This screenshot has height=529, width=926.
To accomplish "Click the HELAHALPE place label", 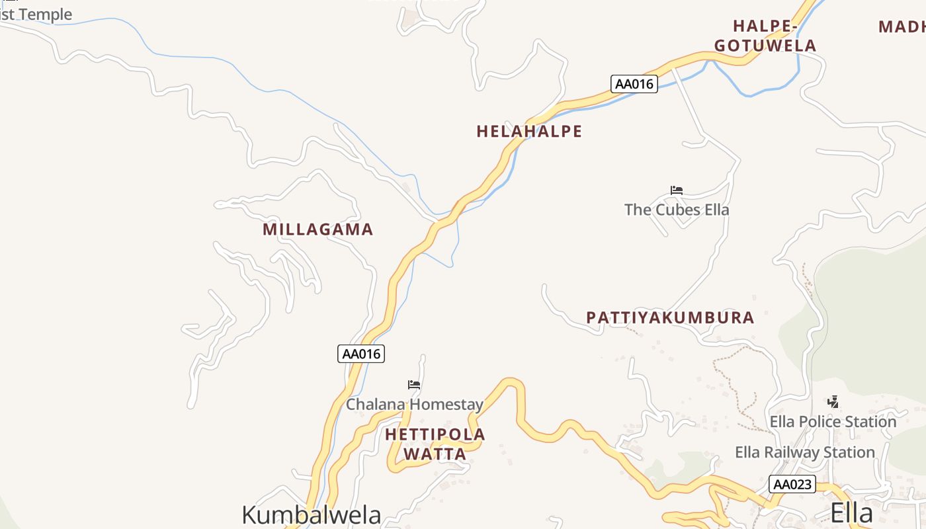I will pyautogui.click(x=529, y=132).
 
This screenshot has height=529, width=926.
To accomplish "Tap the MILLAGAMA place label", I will pyautogui.click(x=318, y=229).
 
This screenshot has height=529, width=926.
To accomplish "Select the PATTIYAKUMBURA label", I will pyautogui.click(x=670, y=317).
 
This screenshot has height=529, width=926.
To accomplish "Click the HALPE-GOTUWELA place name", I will pyautogui.click(x=765, y=36).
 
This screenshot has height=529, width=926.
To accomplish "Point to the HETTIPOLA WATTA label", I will pyautogui.click(x=435, y=444).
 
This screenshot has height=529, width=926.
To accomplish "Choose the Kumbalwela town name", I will pyautogui.click(x=312, y=514).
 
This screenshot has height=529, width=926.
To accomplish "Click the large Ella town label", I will pyautogui.click(x=851, y=512).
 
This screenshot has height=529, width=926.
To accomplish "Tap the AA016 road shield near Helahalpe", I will pyautogui.click(x=634, y=84).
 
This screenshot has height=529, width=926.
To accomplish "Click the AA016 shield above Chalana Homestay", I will pyautogui.click(x=360, y=354).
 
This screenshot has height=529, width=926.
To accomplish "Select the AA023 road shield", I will pyautogui.click(x=792, y=485).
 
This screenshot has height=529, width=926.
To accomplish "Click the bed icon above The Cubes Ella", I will pyautogui.click(x=676, y=190).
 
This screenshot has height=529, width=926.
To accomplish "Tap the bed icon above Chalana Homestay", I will pyautogui.click(x=414, y=384).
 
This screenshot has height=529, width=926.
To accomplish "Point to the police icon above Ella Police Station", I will pyautogui.click(x=833, y=401).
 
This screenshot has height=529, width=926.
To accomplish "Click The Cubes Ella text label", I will pyautogui.click(x=677, y=210).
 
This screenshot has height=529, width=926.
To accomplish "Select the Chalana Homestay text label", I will pyautogui.click(x=415, y=404).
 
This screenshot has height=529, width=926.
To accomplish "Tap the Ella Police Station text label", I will pyautogui.click(x=833, y=421).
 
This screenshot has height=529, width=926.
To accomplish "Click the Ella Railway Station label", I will pyautogui.click(x=805, y=452).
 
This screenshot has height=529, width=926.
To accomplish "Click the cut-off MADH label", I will pyautogui.click(x=902, y=27).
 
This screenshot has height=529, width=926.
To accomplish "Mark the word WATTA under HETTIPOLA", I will pyautogui.click(x=435, y=454).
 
